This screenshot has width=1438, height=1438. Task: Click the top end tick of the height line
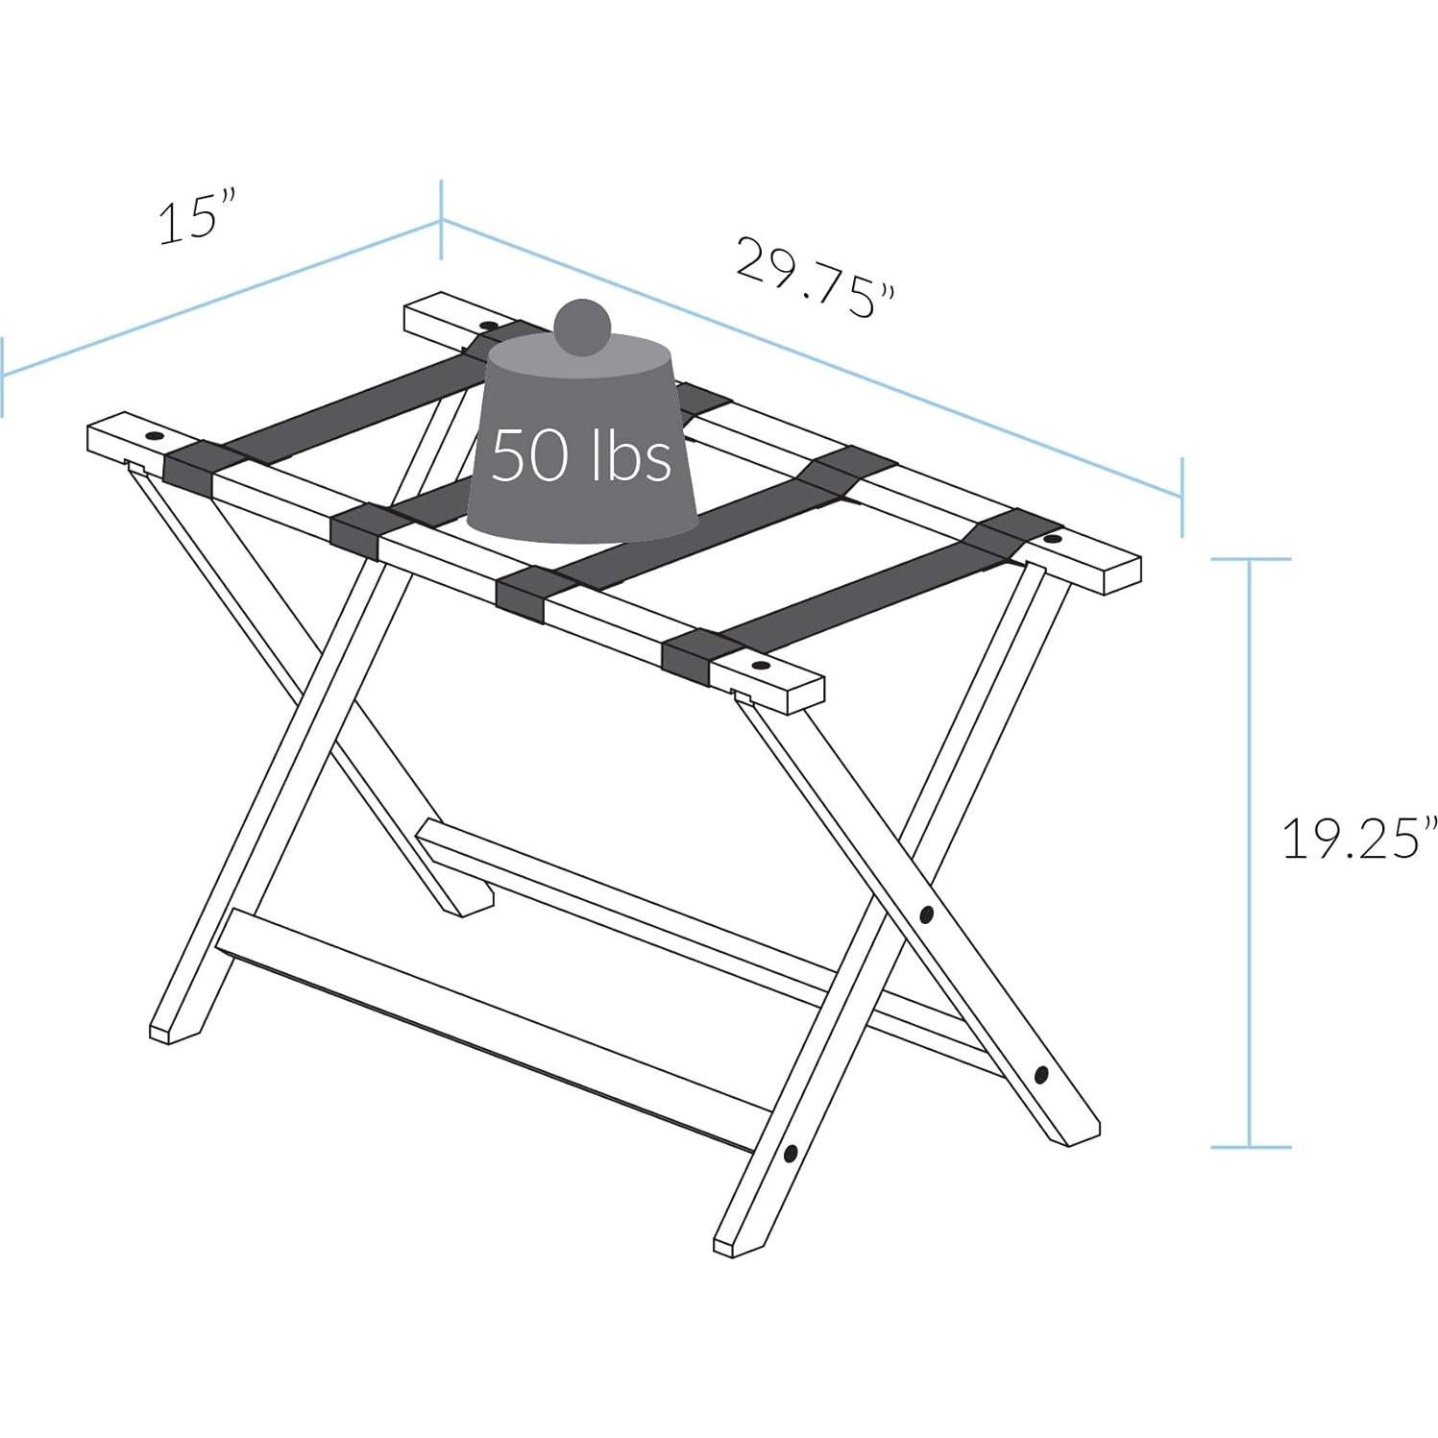tap(1250, 559)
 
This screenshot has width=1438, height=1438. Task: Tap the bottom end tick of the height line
tap(1250, 1146)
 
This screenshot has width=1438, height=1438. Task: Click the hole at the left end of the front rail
tap(153, 437)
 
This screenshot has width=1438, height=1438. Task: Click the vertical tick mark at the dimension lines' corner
tap(441, 220)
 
